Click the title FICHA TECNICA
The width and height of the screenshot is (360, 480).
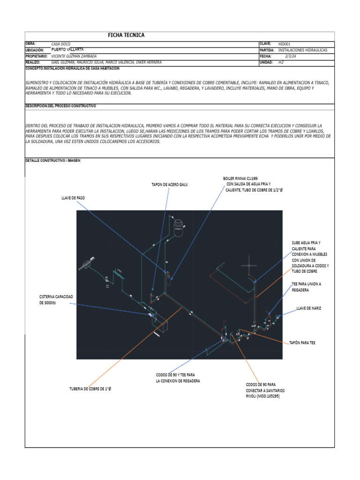(x=126, y=35)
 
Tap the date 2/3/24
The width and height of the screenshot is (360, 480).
(x=292, y=56)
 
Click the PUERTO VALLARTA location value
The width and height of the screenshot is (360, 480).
(x=67, y=49)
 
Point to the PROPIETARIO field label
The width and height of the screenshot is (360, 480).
(x=37, y=56)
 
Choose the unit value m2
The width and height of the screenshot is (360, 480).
(x=281, y=62)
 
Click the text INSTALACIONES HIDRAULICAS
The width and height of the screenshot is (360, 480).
(x=303, y=50)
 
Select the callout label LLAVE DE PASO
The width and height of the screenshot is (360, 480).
(x=73, y=198)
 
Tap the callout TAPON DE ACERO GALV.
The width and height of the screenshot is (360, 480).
(x=169, y=185)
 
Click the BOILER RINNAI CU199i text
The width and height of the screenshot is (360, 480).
(x=239, y=179)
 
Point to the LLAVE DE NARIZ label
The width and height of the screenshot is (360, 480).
(x=309, y=308)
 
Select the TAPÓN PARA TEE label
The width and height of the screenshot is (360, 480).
(x=302, y=343)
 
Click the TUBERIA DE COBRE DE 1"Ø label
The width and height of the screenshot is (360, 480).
(x=92, y=389)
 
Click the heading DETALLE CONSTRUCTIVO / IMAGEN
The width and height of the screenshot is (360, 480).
(x=53, y=160)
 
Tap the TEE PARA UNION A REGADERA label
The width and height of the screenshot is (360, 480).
(x=307, y=287)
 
